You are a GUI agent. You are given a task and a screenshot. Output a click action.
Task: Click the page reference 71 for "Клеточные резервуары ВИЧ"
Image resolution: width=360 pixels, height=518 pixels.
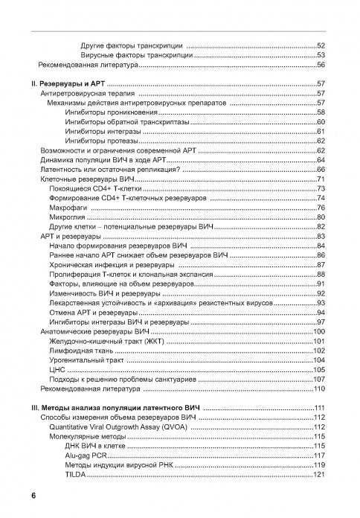(x=321, y=179)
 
